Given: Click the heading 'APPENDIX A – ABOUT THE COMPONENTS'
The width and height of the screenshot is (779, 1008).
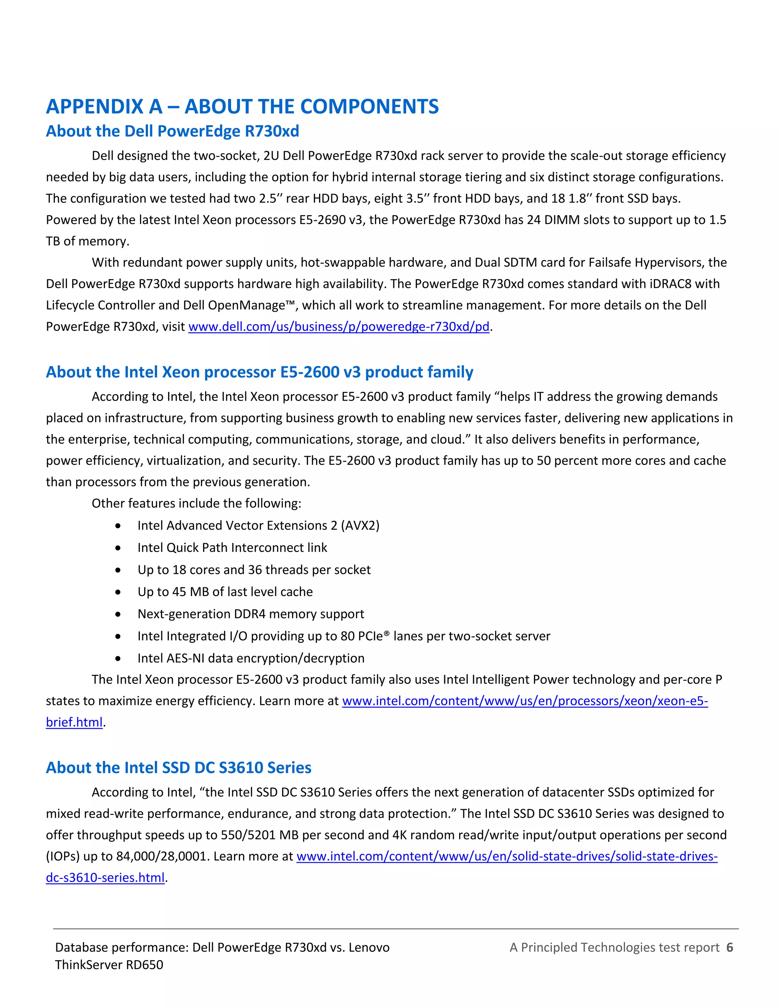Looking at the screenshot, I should (242, 107).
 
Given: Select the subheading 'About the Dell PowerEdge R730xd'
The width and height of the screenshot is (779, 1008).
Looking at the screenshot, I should (172, 131).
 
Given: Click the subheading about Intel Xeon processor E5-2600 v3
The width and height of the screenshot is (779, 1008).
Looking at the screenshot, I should (259, 372).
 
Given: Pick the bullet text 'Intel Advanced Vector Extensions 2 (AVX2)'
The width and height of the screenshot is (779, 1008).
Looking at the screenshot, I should (258, 525).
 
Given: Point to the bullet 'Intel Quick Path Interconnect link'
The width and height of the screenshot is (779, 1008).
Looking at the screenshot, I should (232, 547).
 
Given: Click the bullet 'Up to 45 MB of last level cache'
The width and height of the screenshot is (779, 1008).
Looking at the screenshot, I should (225, 592).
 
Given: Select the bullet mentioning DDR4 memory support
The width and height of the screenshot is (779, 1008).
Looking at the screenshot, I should (251, 614).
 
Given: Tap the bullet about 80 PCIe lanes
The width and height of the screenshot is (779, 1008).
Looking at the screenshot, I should (343, 636).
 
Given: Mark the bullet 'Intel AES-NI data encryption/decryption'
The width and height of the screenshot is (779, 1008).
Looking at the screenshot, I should (251, 658).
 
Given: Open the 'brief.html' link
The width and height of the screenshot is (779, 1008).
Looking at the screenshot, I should (74, 722).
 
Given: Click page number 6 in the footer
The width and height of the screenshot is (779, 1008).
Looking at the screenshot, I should (729, 948).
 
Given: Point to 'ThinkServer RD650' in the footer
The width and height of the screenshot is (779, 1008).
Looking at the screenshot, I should (109, 965).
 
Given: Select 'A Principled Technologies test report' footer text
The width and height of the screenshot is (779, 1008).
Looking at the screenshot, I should (614, 948).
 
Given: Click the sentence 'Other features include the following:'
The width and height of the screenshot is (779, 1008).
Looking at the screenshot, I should (196, 503).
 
